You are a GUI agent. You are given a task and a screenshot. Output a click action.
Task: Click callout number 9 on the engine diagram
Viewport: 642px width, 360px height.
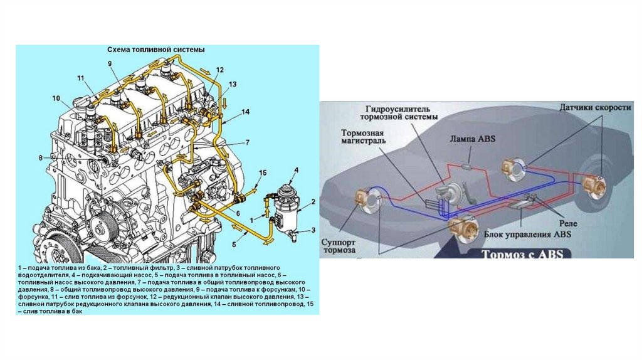pos(109,63)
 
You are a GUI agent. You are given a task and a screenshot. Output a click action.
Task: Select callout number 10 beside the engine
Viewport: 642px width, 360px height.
pos(56,98)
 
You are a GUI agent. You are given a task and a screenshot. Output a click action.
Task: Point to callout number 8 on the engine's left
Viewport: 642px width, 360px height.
pos(41,157)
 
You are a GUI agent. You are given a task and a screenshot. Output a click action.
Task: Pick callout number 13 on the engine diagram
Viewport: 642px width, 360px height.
pos(233,83)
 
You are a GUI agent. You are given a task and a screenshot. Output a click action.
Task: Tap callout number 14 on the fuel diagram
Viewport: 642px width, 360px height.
pos(245,112)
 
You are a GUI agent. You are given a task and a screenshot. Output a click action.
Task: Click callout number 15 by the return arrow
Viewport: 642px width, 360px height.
pos(263,172)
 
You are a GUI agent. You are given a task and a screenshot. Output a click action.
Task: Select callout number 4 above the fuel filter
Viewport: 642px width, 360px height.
pos(296,171)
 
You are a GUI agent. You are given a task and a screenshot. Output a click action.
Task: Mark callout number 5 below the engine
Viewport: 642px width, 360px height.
pos(235,243)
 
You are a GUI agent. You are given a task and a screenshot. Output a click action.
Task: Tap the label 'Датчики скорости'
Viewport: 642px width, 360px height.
pos(594,108)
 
